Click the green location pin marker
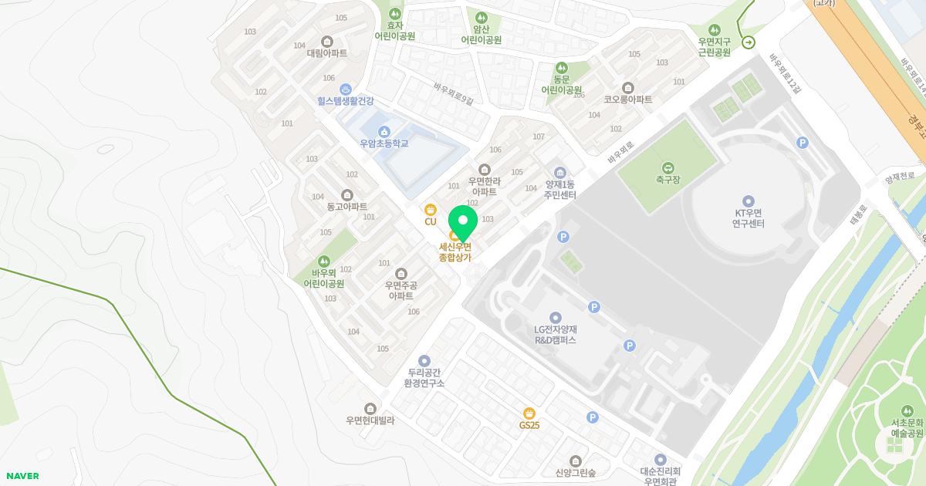pyautogui.click(x=462, y=221)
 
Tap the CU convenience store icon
pyautogui.click(x=431, y=209)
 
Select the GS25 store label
pyautogui.click(x=529, y=425)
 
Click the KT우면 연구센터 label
pyautogui.click(x=748, y=218)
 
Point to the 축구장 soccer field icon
pyautogui.click(x=667, y=167)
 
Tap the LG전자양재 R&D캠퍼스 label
pyautogui.click(x=556, y=335)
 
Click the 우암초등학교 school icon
pyautogui.click(x=384, y=131)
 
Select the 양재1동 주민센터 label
pyautogui.click(x=560, y=190)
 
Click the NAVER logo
pyautogui.click(x=22, y=476)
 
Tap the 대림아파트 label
pyautogui.click(x=327, y=53)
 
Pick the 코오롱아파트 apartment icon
pyautogui.click(x=627, y=88)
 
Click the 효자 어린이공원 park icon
pyautogui.click(x=395, y=14)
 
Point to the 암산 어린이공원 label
pyautogui.click(x=482, y=35)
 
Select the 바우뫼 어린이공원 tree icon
pyautogui.click(x=324, y=261)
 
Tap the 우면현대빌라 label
pyautogui.click(x=370, y=420)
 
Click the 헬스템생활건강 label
pyautogui.click(x=345, y=100)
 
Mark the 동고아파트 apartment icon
pyautogui.click(x=347, y=195)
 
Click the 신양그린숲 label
pyautogui.click(x=575, y=472)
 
